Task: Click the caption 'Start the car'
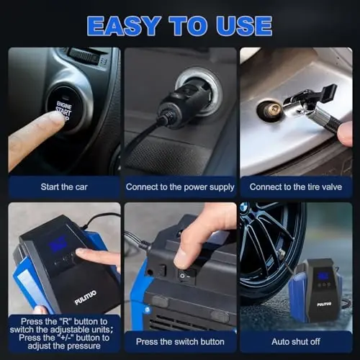[64, 187]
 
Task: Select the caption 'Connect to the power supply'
[180, 187]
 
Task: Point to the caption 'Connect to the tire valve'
[296, 187]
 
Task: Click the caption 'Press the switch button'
[180, 341]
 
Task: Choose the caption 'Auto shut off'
[296, 341]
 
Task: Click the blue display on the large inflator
[57, 246]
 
